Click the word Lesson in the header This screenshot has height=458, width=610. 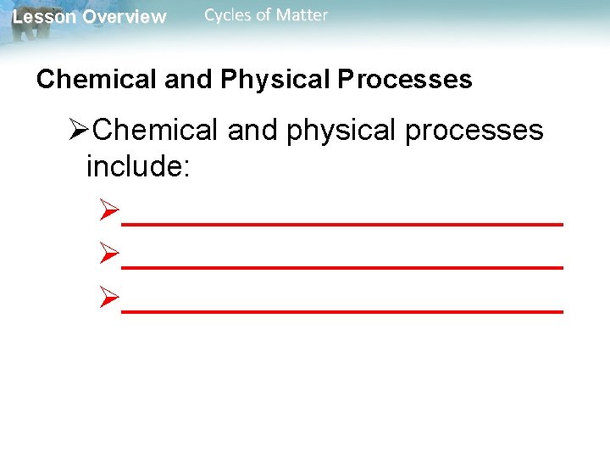point(42,17)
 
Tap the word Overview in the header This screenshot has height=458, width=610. point(125,17)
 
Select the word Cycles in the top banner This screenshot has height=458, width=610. point(228,14)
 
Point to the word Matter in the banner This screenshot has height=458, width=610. point(302,14)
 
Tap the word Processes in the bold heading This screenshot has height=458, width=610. point(405,80)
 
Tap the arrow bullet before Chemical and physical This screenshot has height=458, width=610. point(79,131)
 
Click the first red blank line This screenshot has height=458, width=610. point(342,222)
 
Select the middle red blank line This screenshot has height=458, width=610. point(342,267)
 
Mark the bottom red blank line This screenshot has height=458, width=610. point(342,311)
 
